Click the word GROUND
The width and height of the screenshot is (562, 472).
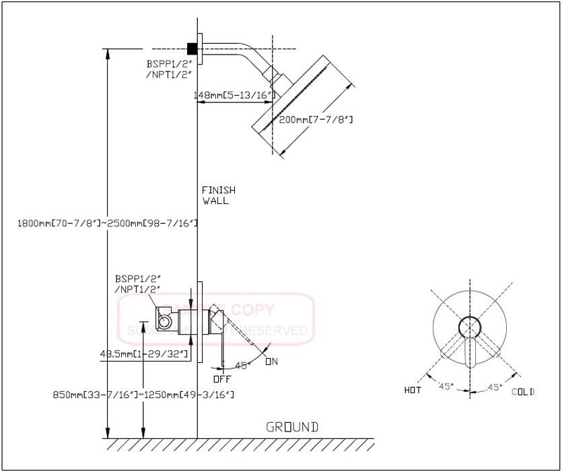click(291, 427)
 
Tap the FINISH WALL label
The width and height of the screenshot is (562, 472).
click(216, 195)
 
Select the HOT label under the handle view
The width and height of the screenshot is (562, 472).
click(413, 391)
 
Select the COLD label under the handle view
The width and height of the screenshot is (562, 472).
click(523, 391)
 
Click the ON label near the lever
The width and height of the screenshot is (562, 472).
click(271, 362)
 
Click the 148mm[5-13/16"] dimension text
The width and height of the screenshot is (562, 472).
click(234, 96)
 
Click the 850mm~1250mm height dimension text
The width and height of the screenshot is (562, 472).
click(143, 394)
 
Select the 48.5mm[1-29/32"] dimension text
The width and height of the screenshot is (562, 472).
click(143, 353)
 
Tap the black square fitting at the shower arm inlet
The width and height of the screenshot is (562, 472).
click(192, 48)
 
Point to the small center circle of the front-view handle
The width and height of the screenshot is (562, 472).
click(470, 327)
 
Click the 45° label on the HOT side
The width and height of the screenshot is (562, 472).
click(445, 386)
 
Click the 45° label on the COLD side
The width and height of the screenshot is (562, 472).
click(495, 386)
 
